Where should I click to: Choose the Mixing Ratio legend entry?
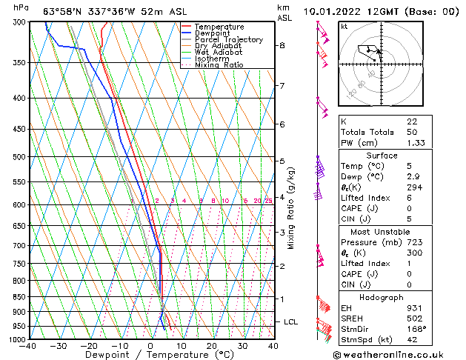tap(219, 65)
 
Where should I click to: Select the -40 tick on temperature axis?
tap(29, 346)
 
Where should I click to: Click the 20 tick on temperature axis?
tap(212, 346)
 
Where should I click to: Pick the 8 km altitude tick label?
tap(282, 45)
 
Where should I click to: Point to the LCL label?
tap(291, 322)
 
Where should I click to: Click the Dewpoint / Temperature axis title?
tap(150, 356)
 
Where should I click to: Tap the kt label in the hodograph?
tap(344, 26)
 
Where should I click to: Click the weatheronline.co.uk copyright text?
tap(399, 354)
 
